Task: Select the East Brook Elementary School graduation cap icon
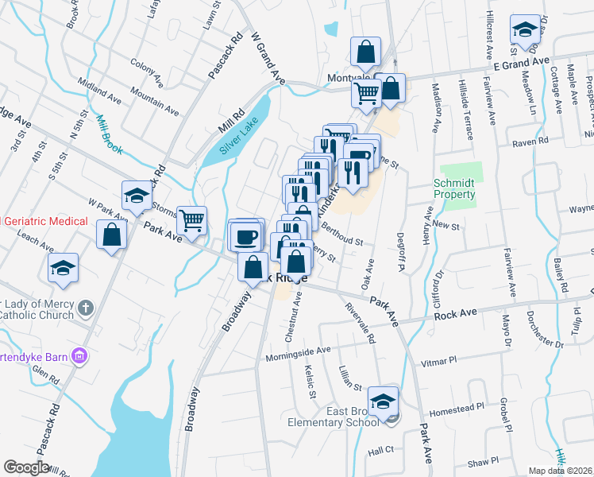384,402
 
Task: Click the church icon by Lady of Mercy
87,307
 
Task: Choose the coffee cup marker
245,235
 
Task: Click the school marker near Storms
137,196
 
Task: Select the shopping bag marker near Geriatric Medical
112,235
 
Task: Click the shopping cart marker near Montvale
366,92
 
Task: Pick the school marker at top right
525,30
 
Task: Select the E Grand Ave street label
521,62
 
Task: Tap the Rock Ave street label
456,315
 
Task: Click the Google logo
26,467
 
